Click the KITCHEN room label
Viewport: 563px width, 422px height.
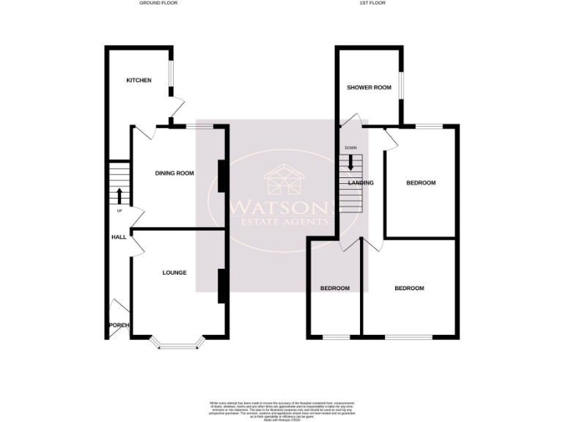pos(139,80)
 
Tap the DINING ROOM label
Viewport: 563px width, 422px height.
pos(174,174)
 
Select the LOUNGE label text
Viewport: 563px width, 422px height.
pos(174,273)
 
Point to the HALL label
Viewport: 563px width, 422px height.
pos(119,237)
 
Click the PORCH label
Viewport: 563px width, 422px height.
pos(119,325)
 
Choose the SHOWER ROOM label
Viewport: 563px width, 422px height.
pos(369,88)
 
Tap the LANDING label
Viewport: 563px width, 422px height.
pos(361,183)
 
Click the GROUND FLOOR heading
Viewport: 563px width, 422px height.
pos(158,3)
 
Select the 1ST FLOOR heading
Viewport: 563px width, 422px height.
pos(372,3)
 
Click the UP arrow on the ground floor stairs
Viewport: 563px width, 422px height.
pos(119,196)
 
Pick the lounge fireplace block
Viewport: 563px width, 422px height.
pos(220,286)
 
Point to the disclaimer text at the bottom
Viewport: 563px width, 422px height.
pos(281,407)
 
